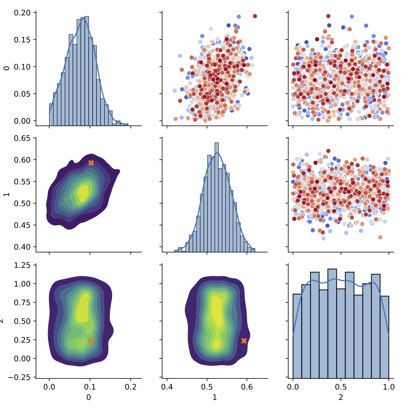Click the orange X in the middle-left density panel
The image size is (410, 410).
(91, 163)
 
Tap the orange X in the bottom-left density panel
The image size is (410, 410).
(91, 341)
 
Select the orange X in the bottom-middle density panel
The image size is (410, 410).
(244, 341)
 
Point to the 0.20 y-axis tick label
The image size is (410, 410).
(22, 13)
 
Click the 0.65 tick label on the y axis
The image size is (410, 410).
(22, 138)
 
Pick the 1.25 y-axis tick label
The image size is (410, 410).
(22, 265)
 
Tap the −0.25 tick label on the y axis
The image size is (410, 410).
(20, 377)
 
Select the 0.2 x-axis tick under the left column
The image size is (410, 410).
(131, 387)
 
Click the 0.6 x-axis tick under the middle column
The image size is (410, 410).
(247, 387)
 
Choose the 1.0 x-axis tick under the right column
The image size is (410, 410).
(389, 387)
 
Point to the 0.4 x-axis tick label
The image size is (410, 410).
(167, 387)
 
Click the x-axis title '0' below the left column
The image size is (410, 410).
(89, 397)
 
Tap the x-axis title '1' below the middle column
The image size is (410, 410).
(215, 397)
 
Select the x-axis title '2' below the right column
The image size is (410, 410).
(341, 397)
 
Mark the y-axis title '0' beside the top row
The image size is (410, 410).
(6, 68)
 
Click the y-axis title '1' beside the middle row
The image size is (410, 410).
(6, 194)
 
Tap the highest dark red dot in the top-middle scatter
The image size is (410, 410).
(255, 16)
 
